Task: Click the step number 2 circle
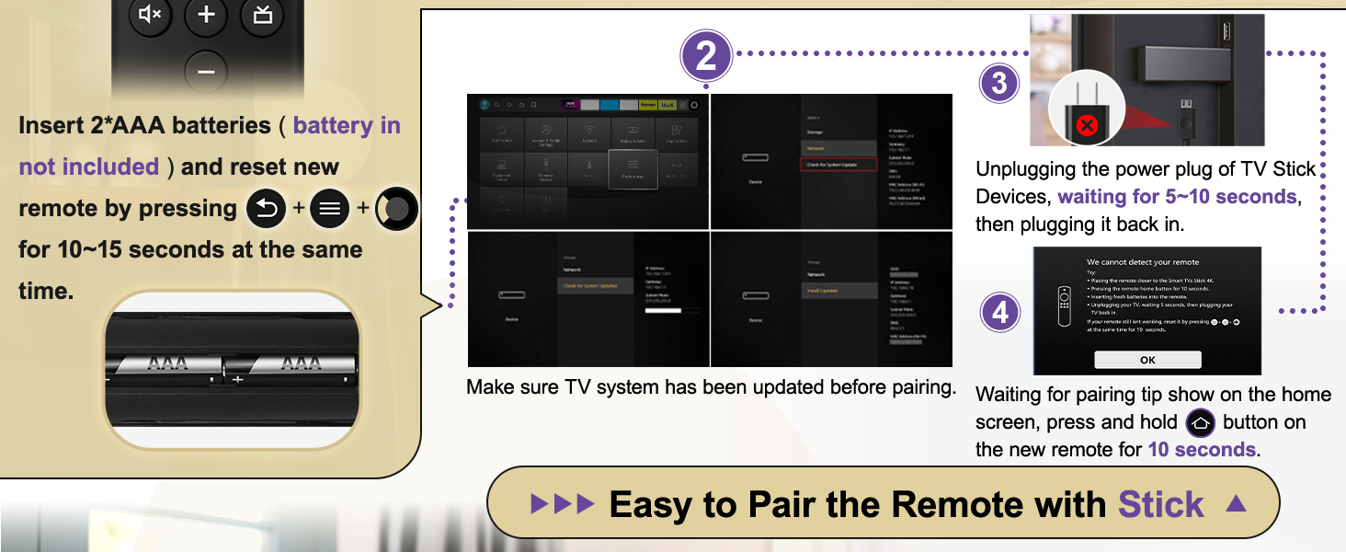tap(706, 57)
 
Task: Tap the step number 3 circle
tap(1000, 85)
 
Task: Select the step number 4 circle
tap(1000, 313)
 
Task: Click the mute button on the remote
tap(150, 15)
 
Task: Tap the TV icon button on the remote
tap(262, 15)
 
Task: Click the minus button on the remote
tap(206, 71)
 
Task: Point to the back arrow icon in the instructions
tap(267, 209)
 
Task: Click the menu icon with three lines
tap(330, 209)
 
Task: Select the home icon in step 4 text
tap(1201, 423)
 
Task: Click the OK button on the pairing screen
tap(1147, 360)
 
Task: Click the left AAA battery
tap(167, 365)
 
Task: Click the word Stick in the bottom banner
tap(1160, 505)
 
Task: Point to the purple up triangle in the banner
tap(1237, 503)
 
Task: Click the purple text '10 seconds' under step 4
tap(1202, 450)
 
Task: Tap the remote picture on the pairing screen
tap(1064, 307)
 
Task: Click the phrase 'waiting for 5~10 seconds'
tap(1177, 197)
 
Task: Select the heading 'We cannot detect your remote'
tap(1143, 262)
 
